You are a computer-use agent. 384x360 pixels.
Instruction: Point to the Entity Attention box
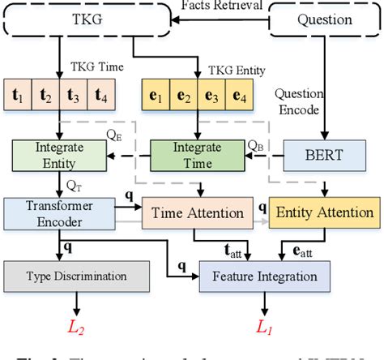coord(322,213)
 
